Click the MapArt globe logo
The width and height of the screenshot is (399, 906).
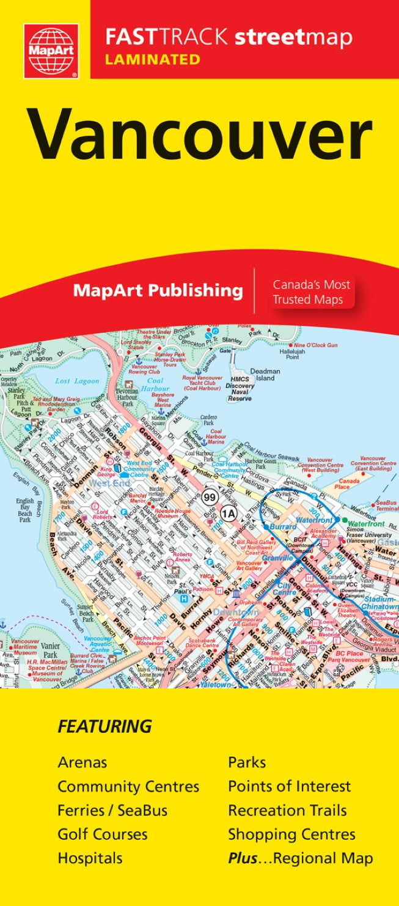[x=51, y=51]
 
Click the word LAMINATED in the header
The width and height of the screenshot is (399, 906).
[x=153, y=59]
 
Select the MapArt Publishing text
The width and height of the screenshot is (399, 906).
[x=158, y=290]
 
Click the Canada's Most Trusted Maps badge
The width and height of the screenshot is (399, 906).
[x=311, y=292]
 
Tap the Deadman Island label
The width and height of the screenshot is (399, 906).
[x=265, y=375]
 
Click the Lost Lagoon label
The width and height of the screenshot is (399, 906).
[x=77, y=381]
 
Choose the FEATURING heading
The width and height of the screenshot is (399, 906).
[x=104, y=727]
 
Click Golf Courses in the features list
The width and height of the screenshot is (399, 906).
[x=103, y=834]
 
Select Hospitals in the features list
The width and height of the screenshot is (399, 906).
[x=90, y=858]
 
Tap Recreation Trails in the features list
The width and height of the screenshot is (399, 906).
[x=287, y=811]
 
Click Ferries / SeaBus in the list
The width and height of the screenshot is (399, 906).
[x=112, y=811]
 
